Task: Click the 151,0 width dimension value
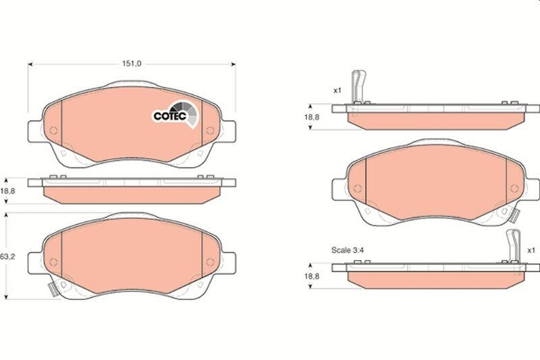coord(130,64)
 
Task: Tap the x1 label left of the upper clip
coord(337,89)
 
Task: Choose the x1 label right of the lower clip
coord(531,249)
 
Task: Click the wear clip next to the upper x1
coord(359,87)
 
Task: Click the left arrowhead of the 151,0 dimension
coord(29,64)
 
